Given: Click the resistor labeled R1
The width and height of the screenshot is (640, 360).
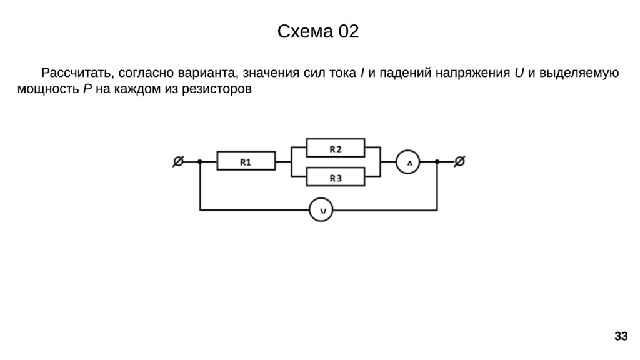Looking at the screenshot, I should [246, 162].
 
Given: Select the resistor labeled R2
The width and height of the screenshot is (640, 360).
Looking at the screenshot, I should [336, 148].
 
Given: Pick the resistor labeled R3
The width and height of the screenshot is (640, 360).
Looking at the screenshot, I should [336, 178].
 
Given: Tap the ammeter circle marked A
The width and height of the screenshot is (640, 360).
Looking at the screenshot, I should [409, 162].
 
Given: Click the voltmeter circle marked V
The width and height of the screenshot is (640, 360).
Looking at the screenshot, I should [322, 211].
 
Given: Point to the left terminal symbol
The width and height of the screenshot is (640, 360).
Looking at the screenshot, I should [177, 162].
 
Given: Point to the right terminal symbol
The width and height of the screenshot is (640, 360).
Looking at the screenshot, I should [459, 162].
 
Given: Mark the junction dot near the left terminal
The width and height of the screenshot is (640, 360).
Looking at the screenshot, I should [200, 162].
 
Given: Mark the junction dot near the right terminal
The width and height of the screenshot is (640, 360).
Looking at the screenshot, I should [437, 162].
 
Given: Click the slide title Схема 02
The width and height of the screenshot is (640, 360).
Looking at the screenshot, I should [318, 32].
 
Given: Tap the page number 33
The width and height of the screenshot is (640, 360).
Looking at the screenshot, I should [621, 337].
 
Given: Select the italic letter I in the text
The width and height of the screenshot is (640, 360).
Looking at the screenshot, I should [363, 73].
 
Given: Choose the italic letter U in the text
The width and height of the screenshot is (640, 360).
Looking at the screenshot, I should [519, 73].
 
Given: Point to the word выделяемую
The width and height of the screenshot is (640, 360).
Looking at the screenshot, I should [579, 73].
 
